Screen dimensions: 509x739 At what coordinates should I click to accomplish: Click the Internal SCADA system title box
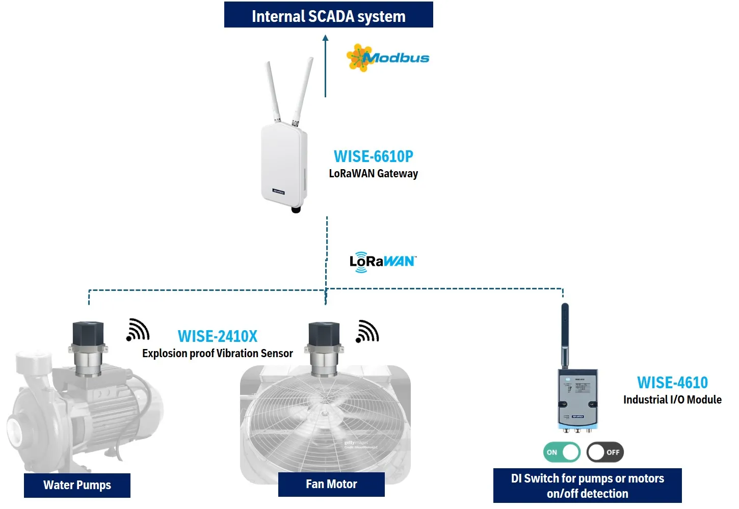[x=328, y=15]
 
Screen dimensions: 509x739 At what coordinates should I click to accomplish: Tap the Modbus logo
[x=388, y=58]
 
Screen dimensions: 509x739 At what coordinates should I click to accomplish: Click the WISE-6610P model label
[x=373, y=156]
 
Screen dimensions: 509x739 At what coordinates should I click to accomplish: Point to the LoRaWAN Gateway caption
[x=373, y=174]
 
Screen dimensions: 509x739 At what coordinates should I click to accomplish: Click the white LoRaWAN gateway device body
[x=284, y=164]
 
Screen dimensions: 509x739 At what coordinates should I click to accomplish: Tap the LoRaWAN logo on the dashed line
[x=382, y=261]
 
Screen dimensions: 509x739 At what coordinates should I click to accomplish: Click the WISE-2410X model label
[x=218, y=336]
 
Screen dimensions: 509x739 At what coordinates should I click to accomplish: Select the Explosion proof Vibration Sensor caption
[x=218, y=354]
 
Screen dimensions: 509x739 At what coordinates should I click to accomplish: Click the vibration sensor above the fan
[x=324, y=347]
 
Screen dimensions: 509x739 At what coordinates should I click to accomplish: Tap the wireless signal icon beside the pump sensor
[x=138, y=330]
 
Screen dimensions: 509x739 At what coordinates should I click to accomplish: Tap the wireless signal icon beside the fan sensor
[x=367, y=331]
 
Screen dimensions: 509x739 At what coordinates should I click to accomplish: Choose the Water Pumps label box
[x=77, y=485]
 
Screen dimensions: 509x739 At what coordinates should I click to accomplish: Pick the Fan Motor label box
[x=331, y=484]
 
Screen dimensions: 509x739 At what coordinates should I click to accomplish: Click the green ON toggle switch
[x=562, y=452]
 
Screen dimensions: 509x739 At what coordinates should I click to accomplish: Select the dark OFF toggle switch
[x=605, y=452]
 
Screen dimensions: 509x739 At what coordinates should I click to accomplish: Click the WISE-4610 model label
[x=672, y=383]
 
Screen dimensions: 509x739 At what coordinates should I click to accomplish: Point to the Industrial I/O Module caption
[x=672, y=400]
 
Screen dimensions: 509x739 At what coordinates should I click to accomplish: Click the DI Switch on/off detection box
[x=587, y=486]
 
